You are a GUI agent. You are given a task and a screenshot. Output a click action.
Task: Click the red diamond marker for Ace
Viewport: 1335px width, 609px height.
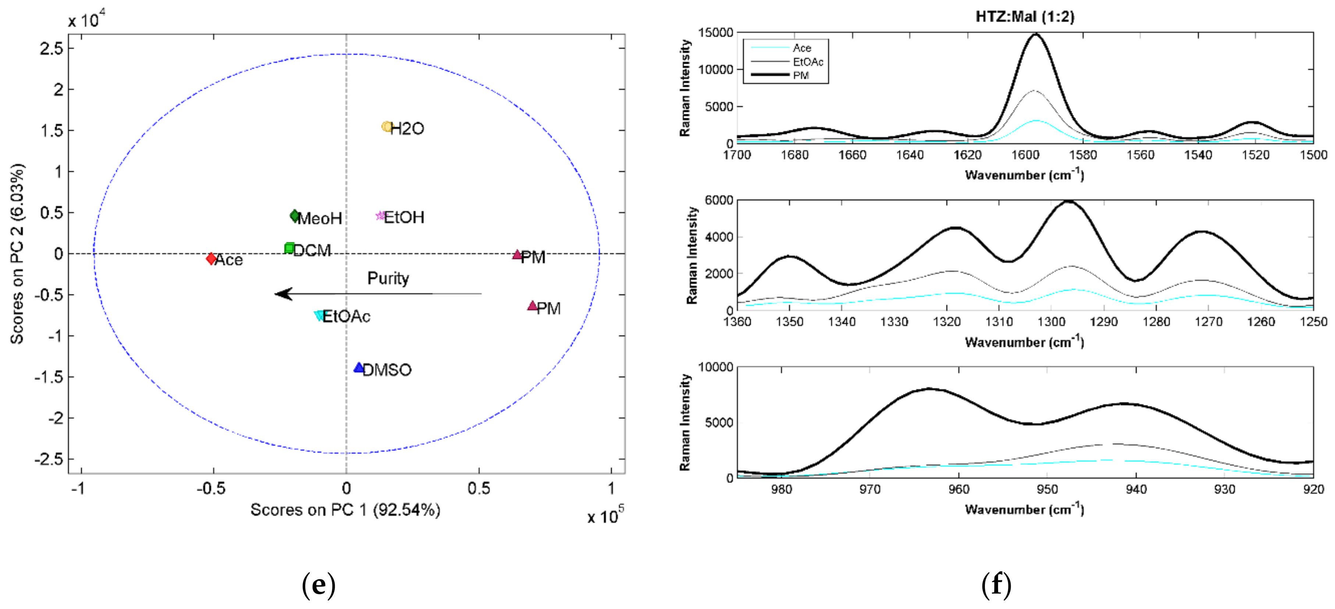(x=211, y=258)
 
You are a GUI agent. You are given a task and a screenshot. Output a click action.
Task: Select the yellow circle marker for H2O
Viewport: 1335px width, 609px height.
(x=387, y=127)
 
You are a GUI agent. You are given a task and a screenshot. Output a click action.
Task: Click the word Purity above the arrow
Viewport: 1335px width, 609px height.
(x=388, y=278)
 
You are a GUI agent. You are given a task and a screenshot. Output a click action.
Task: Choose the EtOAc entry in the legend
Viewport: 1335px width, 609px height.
(x=807, y=62)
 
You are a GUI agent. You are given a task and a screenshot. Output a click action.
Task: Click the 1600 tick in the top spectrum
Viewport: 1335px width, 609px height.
(x=1025, y=155)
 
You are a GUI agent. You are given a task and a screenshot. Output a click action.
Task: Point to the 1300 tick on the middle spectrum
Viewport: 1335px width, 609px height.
(x=1051, y=322)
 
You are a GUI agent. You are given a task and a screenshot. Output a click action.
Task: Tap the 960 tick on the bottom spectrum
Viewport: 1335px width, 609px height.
(x=958, y=489)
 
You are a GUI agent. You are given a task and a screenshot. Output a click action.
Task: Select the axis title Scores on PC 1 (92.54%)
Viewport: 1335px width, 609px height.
(x=345, y=510)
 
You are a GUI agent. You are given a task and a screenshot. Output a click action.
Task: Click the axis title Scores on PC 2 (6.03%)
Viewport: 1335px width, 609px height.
(x=17, y=254)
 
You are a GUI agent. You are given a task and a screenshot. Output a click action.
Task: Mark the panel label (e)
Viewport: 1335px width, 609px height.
(x=318, y=585)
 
